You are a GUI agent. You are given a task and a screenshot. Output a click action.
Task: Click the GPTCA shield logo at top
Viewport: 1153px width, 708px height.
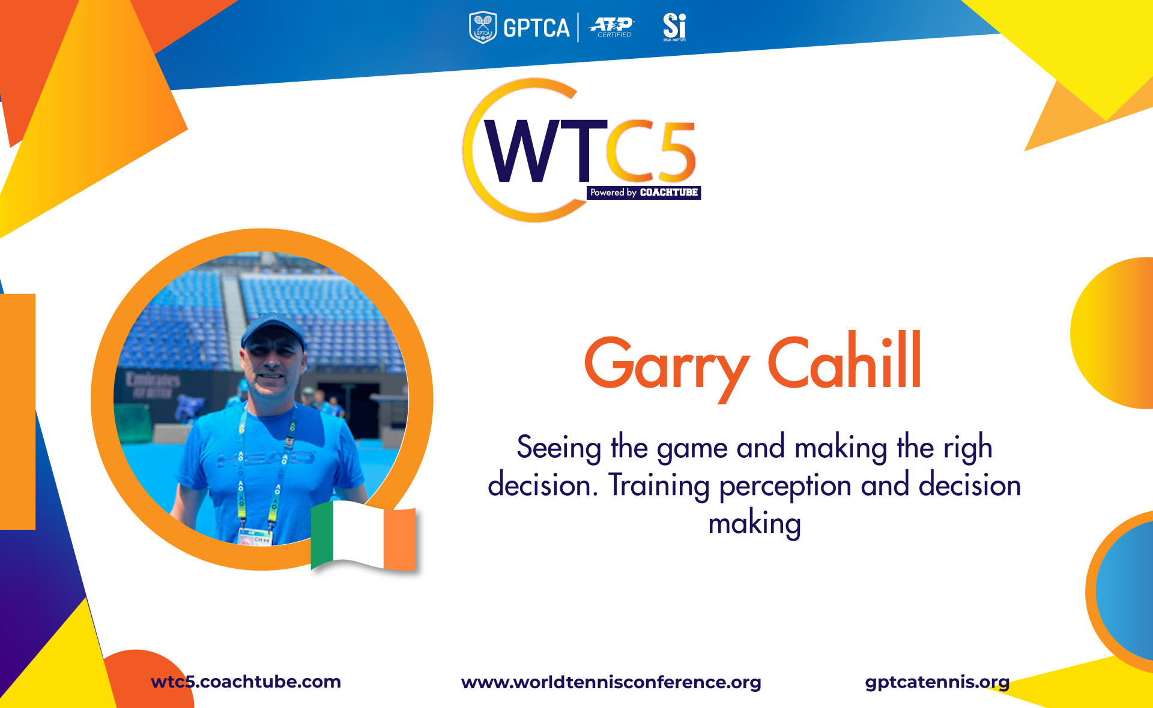[483, 28]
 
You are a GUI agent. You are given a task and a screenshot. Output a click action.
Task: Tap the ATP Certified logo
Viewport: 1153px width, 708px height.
[612, 27]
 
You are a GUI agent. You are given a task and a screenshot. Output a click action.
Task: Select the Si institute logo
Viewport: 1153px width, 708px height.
[674, 27]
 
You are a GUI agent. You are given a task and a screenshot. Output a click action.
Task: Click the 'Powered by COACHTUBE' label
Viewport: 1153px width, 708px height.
[644, 193]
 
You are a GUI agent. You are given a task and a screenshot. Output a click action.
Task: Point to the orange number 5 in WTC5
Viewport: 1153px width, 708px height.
[675, 151]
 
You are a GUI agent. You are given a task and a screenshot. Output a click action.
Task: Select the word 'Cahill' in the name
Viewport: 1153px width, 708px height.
[844, 360]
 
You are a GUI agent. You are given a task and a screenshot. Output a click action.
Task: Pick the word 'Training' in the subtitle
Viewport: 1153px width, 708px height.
[659, 486]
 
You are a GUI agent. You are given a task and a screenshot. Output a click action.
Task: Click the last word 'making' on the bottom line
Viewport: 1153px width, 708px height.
[755, 524]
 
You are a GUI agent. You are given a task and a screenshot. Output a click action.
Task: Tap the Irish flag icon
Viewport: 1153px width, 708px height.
[363, 535]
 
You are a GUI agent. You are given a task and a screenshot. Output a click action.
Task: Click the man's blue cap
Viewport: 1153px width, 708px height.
[273, 331]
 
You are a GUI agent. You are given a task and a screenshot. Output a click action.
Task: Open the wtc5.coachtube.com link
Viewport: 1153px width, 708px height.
[246, 682]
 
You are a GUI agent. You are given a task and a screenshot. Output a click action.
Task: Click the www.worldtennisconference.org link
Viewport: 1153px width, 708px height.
[611, 682]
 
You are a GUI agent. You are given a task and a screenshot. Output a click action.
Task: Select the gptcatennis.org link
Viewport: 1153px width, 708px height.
[937, 682]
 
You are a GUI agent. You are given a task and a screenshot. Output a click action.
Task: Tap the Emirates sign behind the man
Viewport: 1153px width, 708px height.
[153, 384]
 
